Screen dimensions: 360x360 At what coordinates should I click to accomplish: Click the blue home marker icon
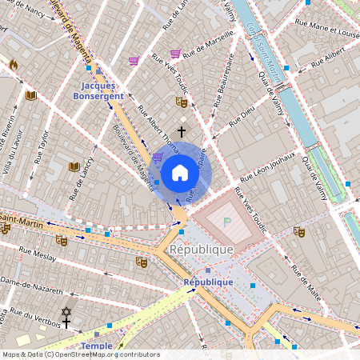[x=180, y=173]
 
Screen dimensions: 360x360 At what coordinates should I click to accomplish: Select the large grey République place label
[x=202, y=249]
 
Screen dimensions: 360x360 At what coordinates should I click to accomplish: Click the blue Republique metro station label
[x=208, y=282]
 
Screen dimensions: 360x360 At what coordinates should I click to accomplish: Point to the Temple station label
[x=97, y=346]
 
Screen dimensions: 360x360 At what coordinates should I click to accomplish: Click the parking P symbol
[x=227, y=221]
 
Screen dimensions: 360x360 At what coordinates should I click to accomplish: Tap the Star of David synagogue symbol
[x=66, y=311]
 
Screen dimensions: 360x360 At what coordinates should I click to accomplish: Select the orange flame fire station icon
[x=13, y=64]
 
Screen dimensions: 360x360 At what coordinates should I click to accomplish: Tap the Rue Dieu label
[x=241, y=121]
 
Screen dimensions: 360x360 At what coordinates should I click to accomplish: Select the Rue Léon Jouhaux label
[x=269, y=164]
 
